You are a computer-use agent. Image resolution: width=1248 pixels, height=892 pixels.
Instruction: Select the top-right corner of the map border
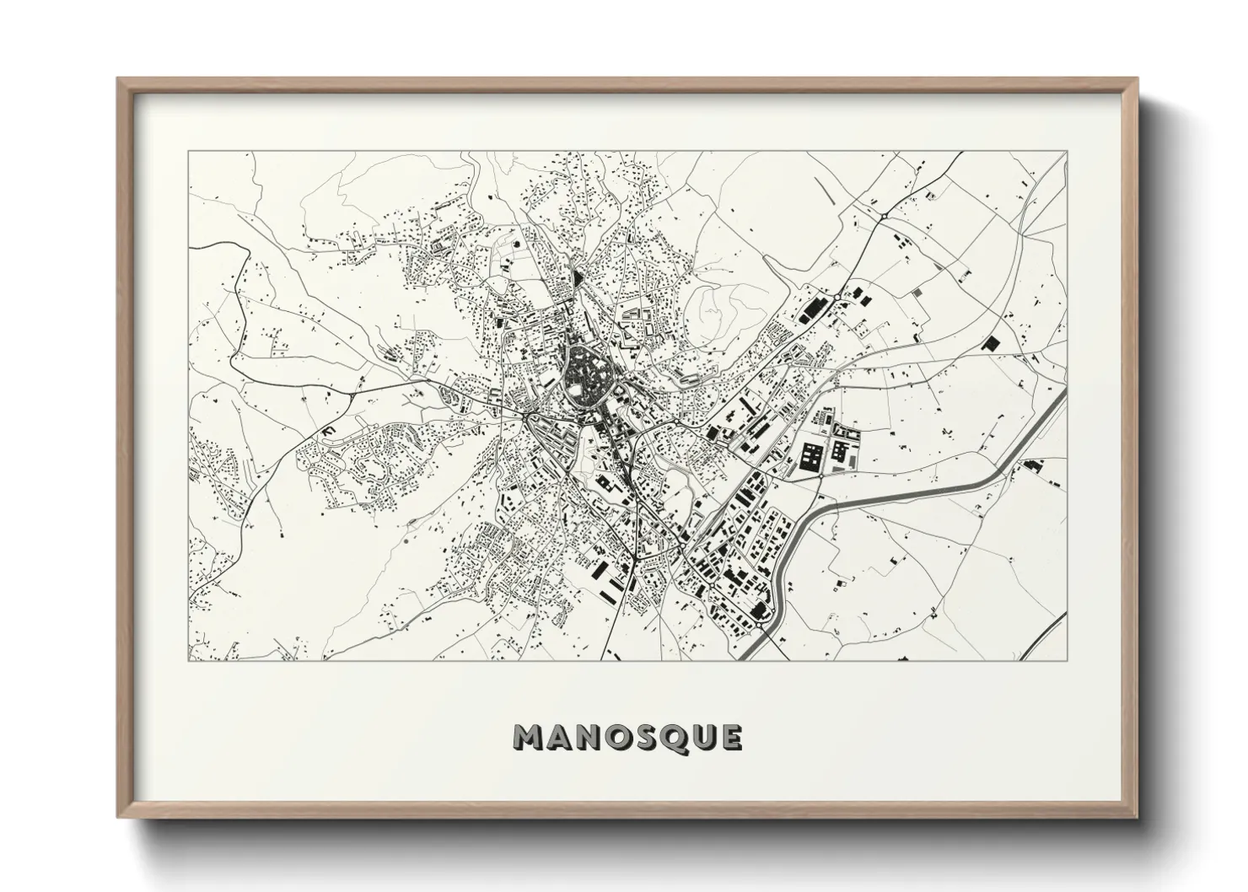click(1067, 152)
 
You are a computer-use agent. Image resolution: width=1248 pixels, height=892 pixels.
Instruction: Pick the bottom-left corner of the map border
click(189, 660)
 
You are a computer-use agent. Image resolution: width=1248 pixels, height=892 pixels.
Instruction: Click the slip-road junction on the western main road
click(350, 393)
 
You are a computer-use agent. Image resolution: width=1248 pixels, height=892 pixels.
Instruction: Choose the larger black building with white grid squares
click(811, 457)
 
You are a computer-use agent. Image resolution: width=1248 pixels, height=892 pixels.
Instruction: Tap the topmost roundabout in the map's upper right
click(882, 216)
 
